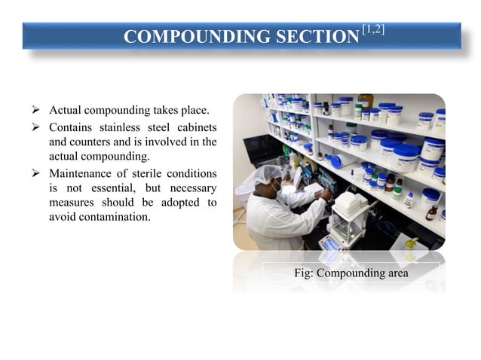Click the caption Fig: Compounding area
coord(351,273)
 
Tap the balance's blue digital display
coord(330,243)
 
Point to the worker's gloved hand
coord(323,194)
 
